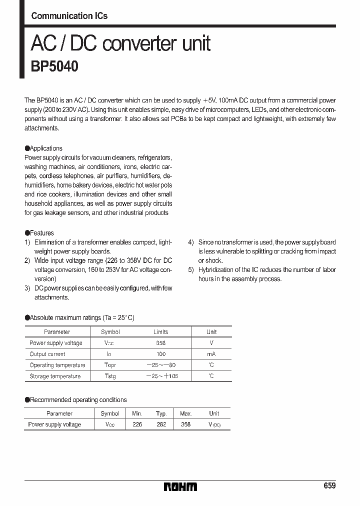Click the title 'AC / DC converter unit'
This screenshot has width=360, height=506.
point(120,44)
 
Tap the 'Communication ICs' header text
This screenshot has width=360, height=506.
point(69,16)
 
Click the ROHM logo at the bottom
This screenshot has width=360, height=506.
point(180,486)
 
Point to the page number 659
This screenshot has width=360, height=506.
point(329,486)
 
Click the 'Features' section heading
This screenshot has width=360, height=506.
point(41,233)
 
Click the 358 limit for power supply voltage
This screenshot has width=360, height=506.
point(160,343)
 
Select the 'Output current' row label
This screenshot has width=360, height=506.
point(47,354)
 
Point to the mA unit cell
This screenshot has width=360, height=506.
point(211,354)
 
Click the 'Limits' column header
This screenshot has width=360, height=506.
point(160,332)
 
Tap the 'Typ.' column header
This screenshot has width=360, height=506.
point(161,413)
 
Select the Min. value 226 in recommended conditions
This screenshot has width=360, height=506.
point(137,424)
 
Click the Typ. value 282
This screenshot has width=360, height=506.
point(161,424)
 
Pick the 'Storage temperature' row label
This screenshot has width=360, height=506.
point(55,376)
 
